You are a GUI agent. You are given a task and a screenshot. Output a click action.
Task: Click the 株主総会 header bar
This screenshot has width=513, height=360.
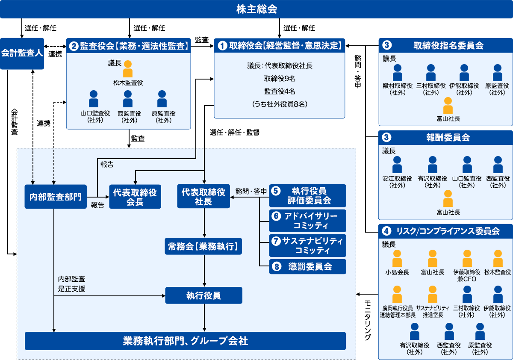click(256, 9)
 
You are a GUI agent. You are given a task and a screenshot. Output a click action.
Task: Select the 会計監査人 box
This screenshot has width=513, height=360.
click(22, 53)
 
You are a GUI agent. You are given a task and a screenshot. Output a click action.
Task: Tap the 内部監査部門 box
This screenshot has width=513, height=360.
click(56, 197)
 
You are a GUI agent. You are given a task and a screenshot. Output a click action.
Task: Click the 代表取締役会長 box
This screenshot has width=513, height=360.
click(135, 197)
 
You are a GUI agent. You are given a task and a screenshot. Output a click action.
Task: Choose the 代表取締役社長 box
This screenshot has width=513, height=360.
click(203, 197)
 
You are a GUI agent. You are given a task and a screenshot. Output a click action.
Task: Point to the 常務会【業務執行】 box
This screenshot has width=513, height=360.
click(203, 247)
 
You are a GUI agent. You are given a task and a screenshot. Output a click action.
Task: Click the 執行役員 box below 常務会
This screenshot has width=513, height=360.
click(203, 295)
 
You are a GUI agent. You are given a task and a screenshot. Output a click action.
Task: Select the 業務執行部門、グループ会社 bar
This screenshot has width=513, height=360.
click(185, 341)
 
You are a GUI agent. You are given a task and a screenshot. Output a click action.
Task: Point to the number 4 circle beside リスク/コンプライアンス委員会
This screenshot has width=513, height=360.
click(386, 231)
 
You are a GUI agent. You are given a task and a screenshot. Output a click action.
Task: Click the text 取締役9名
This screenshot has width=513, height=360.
click(280, 79)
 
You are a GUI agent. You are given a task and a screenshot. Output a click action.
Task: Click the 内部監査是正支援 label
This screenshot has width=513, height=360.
click(72, 284)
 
